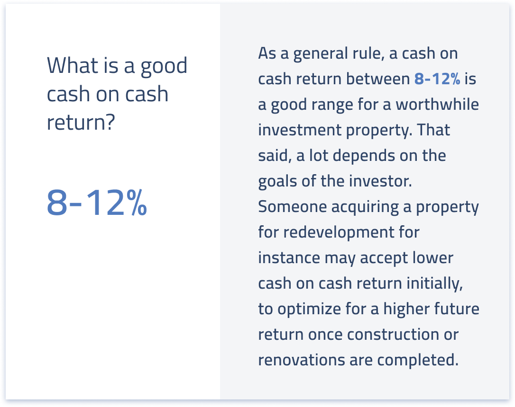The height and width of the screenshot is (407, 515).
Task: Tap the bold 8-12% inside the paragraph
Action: (x=437, y=79)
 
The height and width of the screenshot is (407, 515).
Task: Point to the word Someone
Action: (x=293, y=207)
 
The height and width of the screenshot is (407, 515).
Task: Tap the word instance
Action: (x=289, y=258)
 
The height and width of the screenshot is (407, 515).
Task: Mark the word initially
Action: (x=434, y=283)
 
